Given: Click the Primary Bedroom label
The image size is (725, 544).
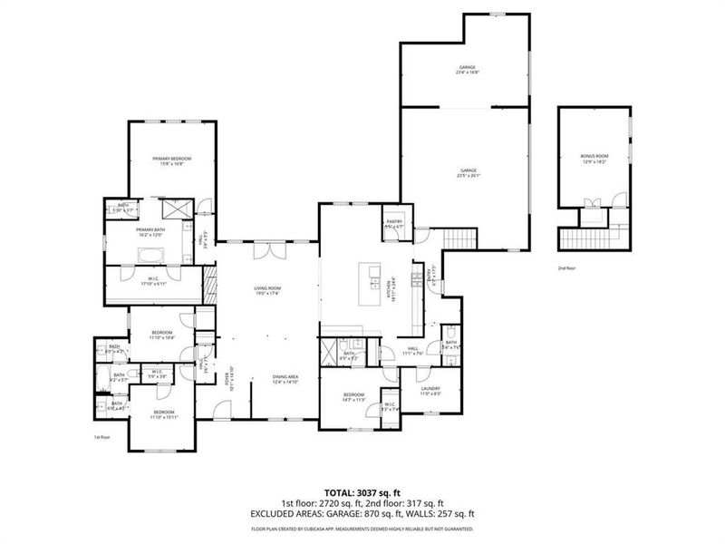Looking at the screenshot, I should pyautogui.click(x=172, y=160).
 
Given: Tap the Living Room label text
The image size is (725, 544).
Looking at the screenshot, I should pyautogui.click(x=266, y=290).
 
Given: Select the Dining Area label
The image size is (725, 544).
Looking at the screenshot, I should pyautogui.click(x=286, y=378).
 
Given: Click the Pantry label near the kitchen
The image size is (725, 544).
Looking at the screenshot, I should pyautogui.click(x=393, y=222).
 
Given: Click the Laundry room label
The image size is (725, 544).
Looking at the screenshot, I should pyautogui.click(x=430, y=391).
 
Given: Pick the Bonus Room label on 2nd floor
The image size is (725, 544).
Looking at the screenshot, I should pyautogui.click(x=594, y=159).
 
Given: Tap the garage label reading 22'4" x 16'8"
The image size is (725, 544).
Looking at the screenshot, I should pyautogui.click(x=468, y=71).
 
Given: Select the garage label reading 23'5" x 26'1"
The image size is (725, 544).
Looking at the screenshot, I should pyautogui.click(x=468, y=172).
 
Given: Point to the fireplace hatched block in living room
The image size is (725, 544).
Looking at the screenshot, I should pyautogui.click(x=210, y=287).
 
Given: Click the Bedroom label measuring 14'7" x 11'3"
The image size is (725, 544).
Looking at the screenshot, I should pyautogui.click(x=353, y=397).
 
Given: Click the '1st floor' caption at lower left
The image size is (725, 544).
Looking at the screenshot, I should pyautogui.click(x=101, y=438).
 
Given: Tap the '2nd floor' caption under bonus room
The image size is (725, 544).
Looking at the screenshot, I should pyautogui.click(x=566, y=268).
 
